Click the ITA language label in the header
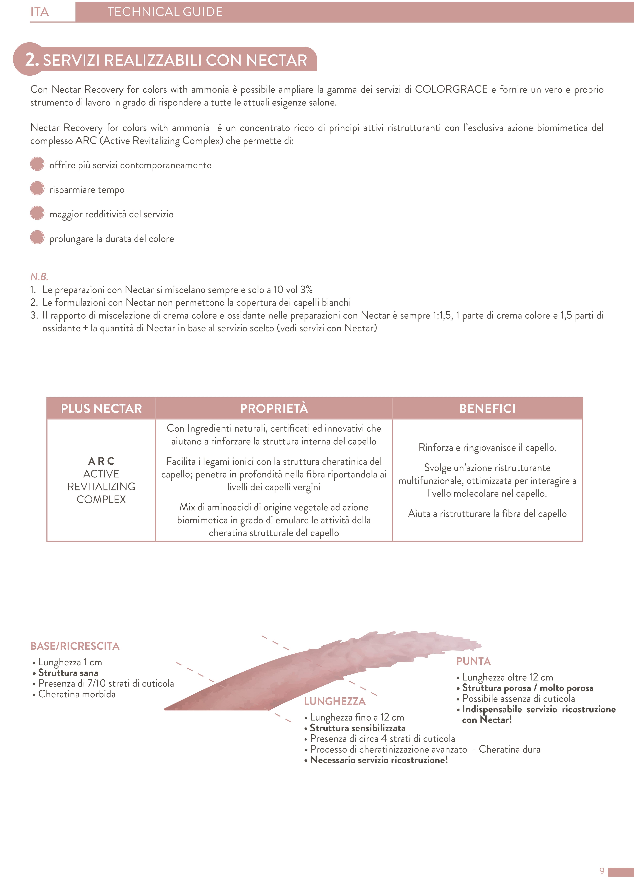click(x=40, y=12)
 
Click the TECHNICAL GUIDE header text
click(x=165, y=12)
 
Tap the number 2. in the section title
click(x=32, y=60)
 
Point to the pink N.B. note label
click(x=39, y=277)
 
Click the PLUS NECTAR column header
click(x=101, y=409)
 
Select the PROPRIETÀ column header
click(x=274, y=409)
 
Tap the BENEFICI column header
click(x=487, y=409)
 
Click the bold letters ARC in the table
click(x=101, y=461)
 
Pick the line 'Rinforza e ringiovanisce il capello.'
click(x=487, y=448)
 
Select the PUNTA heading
click(x=473, y=661)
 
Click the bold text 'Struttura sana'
click(x=68, y=673)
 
